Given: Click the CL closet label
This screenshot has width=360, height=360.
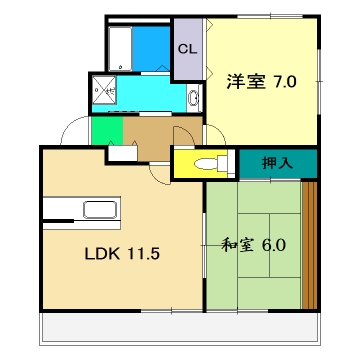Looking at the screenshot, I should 185,48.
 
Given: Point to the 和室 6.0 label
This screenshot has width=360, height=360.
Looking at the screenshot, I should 252,242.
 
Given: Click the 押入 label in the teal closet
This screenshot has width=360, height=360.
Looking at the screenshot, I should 277,161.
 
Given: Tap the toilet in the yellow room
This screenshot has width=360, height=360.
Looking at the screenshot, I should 205,162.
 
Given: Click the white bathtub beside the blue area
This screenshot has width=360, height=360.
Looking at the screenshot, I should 121,47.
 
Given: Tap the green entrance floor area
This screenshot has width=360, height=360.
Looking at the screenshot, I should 105,131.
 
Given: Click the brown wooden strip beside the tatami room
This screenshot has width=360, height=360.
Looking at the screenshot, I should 309,244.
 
